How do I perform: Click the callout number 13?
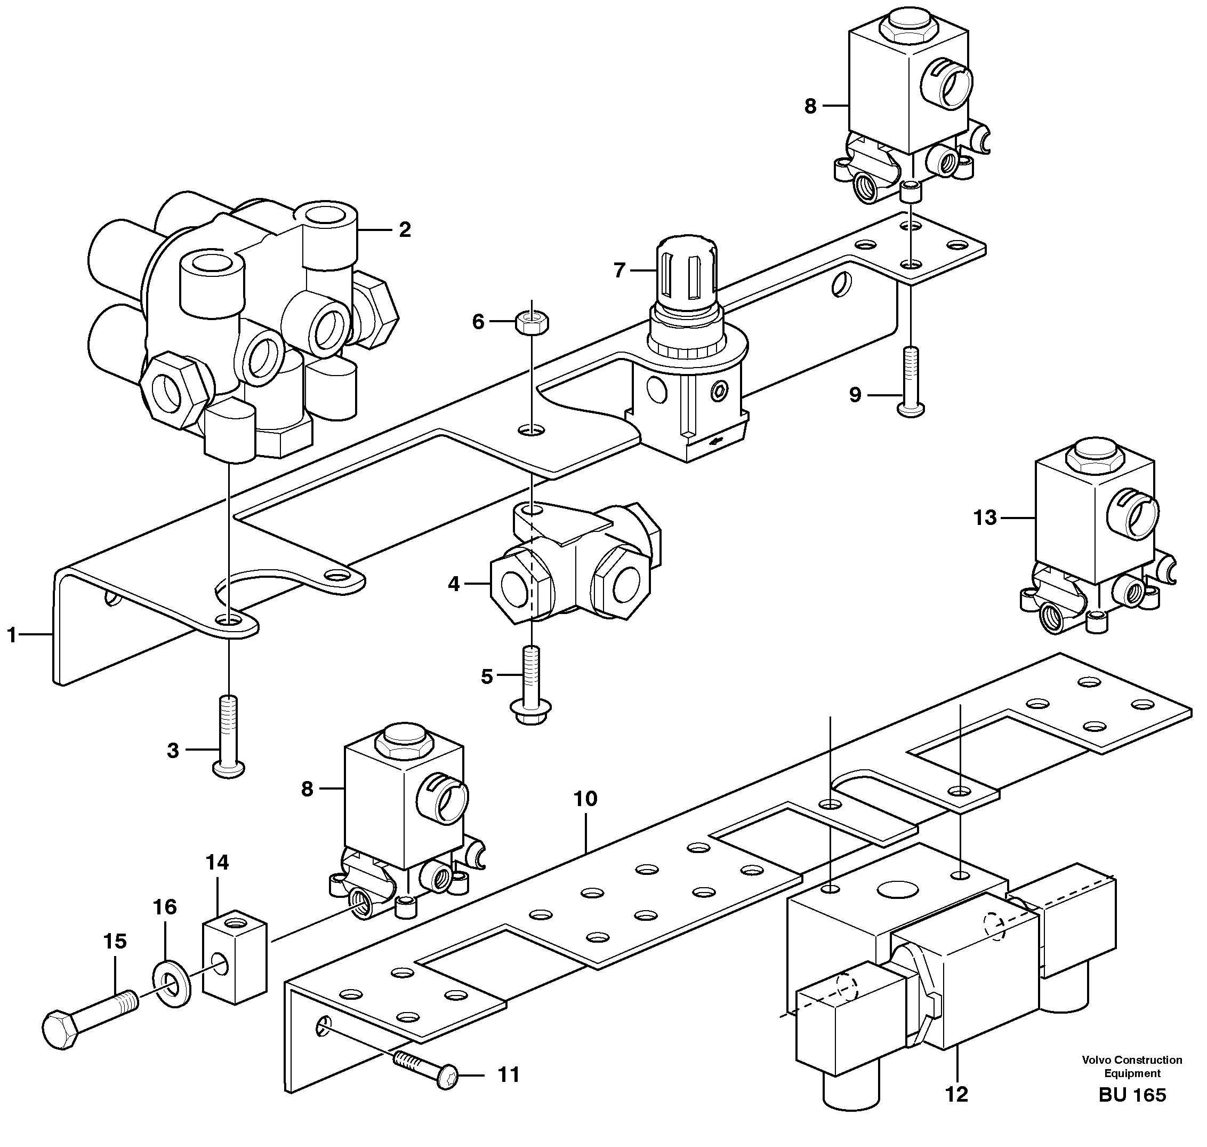[984, 518]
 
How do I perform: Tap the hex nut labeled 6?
[532, 321]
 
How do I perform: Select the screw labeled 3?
[228, 736]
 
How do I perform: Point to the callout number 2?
[405, 229]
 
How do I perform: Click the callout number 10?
[585, 798]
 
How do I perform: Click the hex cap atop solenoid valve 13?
[1094, 453]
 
